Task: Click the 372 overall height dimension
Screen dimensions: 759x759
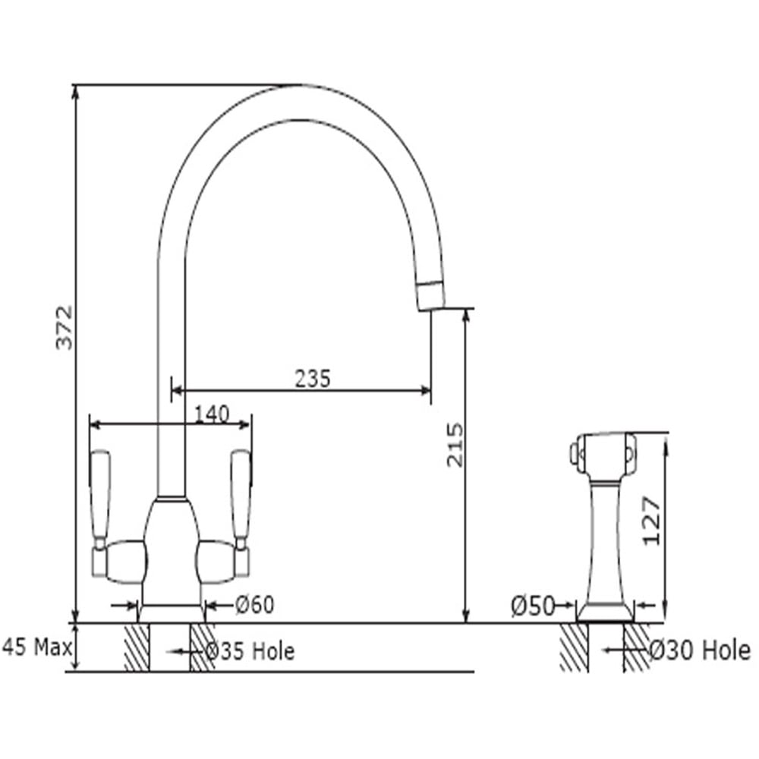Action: pyautogui.click(x=65, y=327)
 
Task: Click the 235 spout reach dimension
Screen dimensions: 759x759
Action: pyautogui.click(x=313, y=379)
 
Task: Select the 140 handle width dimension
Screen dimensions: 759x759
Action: pyautogui.click(x=212, y=414)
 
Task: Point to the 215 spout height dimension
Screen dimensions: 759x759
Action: pyautogui.click(x=455, y=445)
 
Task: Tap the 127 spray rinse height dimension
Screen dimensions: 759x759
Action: pyautogui.click(x=651, y=521)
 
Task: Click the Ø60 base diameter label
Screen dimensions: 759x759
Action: pyautogui.click(x=255, y=605)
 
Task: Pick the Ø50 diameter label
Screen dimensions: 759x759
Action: pyautogui.click(x=533, y=606)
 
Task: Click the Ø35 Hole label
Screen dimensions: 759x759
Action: pyautogui.click(x=250, y=651)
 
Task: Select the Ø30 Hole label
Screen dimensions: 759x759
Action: pyautogui.click(x=700, y=650)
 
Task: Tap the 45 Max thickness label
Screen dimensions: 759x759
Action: pyautogui.click(x=36, y=647)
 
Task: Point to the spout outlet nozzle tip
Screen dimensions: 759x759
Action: pyautogui.click(x=430, y=296)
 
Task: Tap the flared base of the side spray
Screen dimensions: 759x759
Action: pyautogui.click(x=605, y=612)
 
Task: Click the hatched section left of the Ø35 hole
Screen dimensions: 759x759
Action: pyautogui.click(x=137, y=647)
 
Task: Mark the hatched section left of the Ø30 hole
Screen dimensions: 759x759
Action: pyautogui.click(x=575, y=647)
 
